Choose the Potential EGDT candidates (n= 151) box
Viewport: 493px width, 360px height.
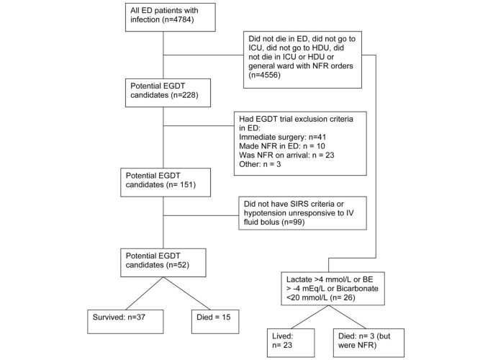pyautogui.click(x=166, y=181)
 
